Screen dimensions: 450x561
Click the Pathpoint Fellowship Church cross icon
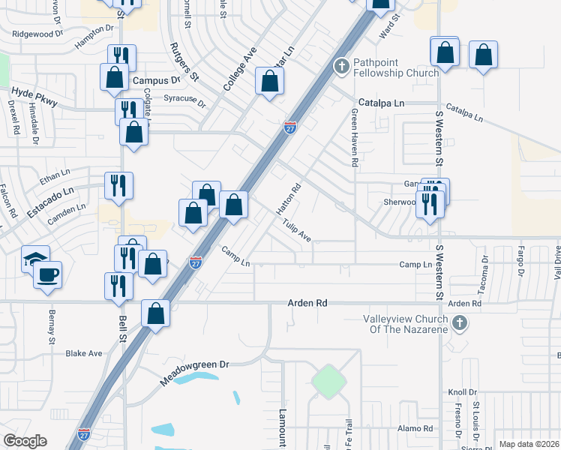tap(341, 66)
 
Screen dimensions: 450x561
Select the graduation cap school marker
tap(35, 259)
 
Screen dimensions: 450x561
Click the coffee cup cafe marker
tap(49, 274)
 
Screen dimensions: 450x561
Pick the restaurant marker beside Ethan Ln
tap(119, 185)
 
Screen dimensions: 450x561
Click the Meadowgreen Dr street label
tap(193, 373)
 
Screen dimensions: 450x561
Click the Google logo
tap(25, 441)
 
